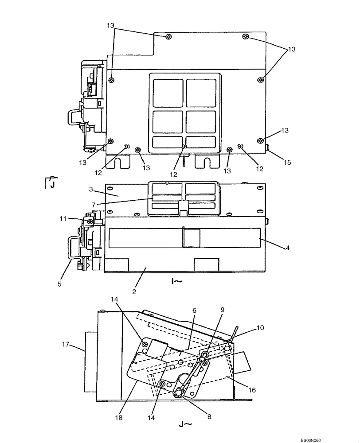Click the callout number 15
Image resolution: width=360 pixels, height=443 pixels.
coord(287,163)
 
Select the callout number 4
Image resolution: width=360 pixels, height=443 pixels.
coord(287,248)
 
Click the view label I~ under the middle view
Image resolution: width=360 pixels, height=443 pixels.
coord(176,280)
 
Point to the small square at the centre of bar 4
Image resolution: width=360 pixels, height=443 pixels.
coord(192,237)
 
